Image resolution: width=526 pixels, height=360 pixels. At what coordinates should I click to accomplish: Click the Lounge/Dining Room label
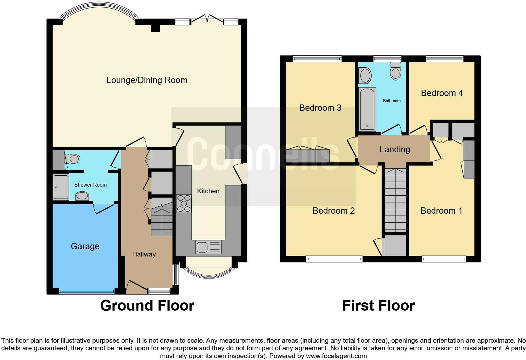pos(147,80)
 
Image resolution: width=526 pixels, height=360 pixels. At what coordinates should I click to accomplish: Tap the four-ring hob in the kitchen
pos(184,204)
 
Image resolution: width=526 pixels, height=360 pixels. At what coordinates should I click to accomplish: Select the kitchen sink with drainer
pos(208,247)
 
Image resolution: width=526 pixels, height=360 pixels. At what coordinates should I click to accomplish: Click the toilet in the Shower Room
pos(72,159)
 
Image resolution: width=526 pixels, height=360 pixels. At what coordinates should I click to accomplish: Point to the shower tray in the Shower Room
pos(61,187)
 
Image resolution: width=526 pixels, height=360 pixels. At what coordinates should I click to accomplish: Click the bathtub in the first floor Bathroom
pos(367,110)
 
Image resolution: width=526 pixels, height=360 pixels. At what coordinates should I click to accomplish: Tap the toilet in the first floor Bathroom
pos(396,71)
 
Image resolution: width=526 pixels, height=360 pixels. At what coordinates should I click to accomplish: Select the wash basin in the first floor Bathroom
pos(365,76)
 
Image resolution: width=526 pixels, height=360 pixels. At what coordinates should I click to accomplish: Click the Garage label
pos(85,246)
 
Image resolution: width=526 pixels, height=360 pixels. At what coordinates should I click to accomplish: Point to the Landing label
pos(395,149)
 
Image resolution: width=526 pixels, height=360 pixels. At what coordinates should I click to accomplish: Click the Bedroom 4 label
pos(442,93)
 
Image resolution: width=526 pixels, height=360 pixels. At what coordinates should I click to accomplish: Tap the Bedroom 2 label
pos(333,211)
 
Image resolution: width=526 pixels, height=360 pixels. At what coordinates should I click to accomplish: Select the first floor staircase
pos(395,200)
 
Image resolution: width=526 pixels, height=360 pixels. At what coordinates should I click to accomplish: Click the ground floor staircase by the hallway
pos(162,217)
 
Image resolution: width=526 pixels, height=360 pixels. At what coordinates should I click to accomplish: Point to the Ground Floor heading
pos(147,306)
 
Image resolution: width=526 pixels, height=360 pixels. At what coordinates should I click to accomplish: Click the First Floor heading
pos(378,306)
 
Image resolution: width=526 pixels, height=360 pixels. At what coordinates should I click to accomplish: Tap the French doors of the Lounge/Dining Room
pos(207,20)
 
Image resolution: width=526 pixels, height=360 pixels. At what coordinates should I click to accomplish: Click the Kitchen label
pos(208,191)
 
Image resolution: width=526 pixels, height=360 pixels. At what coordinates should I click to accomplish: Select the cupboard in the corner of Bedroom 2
pos(394,245)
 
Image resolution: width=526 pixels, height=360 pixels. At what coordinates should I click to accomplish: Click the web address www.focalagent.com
pos(336,356)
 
